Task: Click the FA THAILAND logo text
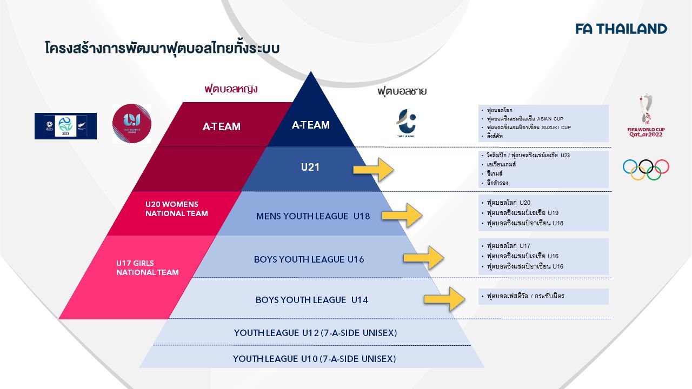pos(621,29)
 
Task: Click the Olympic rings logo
pos(646,169)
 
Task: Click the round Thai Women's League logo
pos(131,123)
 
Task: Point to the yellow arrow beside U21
pos(374,169)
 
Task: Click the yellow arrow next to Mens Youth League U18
pos(402,216)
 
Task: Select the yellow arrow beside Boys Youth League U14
pos(444,299)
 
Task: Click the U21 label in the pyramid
pos(310,167)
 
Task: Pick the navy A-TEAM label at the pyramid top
pos(310,125)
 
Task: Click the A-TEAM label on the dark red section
pos(222,127)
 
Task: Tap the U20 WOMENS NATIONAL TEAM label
pos(176,209)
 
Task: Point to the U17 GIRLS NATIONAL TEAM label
pos(147,267)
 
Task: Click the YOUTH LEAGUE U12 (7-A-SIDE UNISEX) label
pos(315,333)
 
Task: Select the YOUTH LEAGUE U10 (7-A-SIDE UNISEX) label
pos(314,359)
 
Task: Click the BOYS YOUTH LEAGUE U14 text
pos(311,300)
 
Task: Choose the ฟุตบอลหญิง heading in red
pos(231,89)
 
